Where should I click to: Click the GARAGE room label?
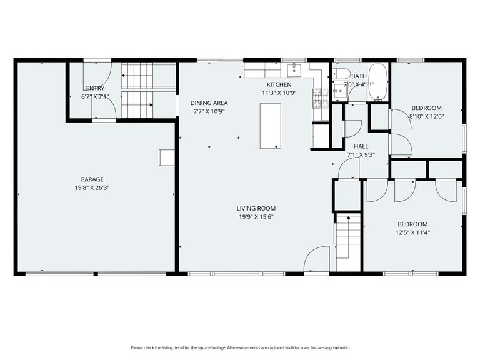[91, 179]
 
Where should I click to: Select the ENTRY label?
[95, 88]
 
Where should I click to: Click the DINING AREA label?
[209, 102]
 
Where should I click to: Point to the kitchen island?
[269, 126]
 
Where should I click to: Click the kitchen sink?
[294, 68]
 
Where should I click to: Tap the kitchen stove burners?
[319, 96]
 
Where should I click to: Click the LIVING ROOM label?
[256, 208]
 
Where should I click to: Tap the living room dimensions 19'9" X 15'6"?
[256, 216]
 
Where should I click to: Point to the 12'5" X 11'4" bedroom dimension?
[412, 232]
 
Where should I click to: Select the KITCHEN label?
[279, 84]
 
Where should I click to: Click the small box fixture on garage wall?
[166, 157]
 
